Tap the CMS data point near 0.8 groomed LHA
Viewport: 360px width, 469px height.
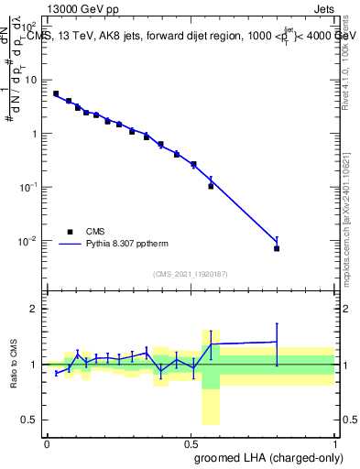(277, 248)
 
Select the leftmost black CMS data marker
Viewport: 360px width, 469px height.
(56, 93)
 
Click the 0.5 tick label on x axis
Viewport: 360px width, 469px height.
(191, 443)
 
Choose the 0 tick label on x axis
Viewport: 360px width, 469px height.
(47, 443)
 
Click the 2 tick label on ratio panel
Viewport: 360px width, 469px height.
(37, 309)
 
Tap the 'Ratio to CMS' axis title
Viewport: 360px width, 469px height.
(14, 365)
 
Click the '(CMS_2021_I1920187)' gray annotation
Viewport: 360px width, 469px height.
(190, 274)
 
